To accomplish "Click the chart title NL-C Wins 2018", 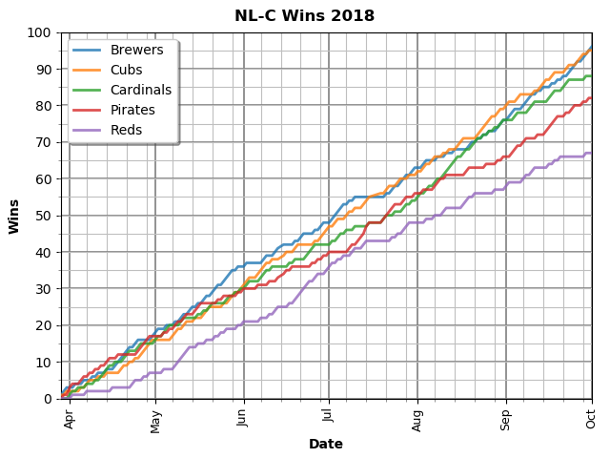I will [x=304, y=16].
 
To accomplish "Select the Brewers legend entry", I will [x=136, y=50].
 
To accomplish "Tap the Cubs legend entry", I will [x=126, y=70].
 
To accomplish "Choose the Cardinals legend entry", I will [x=140, y=90].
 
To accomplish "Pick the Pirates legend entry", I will [x=132, y=110].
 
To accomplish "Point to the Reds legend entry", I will [x=126, y=130].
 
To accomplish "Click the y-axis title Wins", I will [x=14, y=216].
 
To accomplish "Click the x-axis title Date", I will [x=325, y=444].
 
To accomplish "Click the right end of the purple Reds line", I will [x=591, y=153].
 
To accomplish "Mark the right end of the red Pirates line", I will [x=591, y=97].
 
